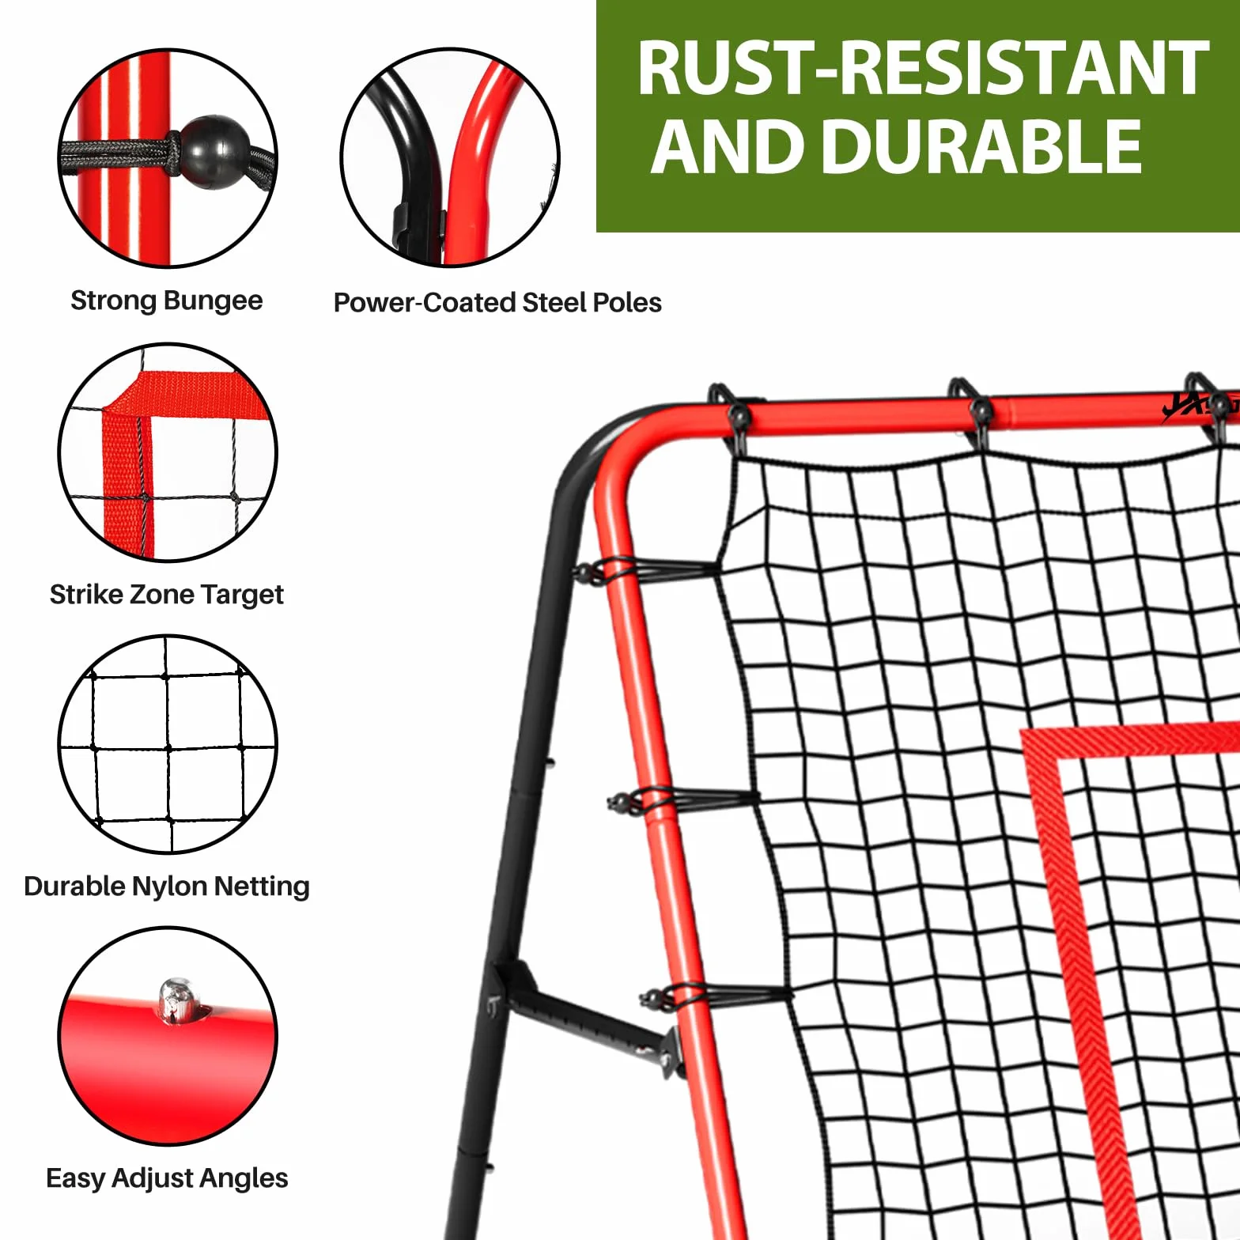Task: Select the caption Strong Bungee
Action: point(167,301)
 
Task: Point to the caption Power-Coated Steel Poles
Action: point(497,303)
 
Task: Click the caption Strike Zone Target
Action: point(167,595)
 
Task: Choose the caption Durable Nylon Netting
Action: point(167,887)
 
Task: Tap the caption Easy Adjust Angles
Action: point(167,1178)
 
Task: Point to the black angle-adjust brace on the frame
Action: point(585,1016)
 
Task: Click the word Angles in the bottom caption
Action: point(248,1178)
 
